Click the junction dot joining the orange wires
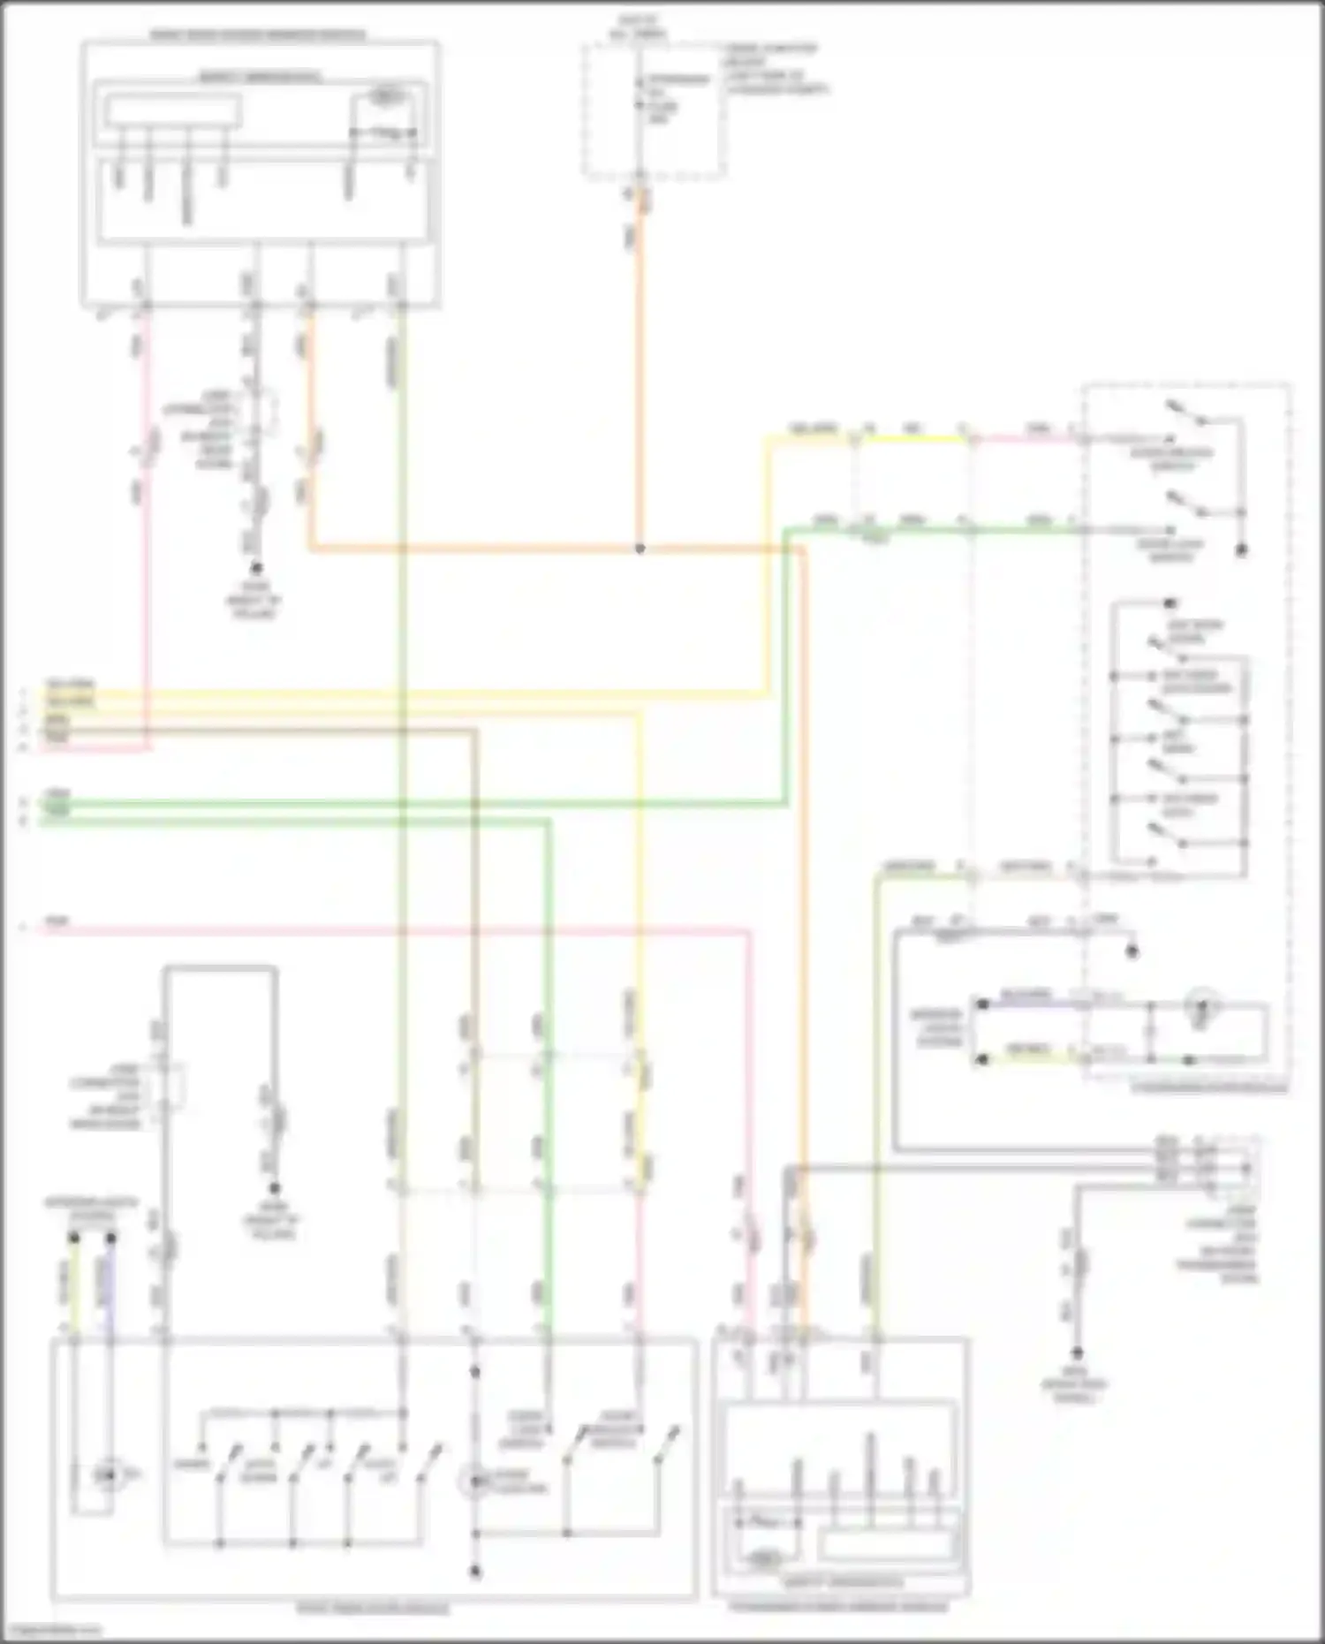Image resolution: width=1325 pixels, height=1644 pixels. click(x=640, y=549)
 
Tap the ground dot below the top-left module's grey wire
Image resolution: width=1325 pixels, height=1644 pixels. click(x=257, y=567)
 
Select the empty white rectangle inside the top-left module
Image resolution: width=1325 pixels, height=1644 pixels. click(x=172, y=110)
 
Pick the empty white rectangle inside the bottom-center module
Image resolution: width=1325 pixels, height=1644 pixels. click(x=886, y=1543)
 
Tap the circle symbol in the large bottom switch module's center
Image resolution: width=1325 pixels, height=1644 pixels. click(x=475, y=1481)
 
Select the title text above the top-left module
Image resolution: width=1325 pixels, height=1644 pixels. click(x=258, y=35)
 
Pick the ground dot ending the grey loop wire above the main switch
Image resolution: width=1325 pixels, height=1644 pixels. click(x=275, y=1189)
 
